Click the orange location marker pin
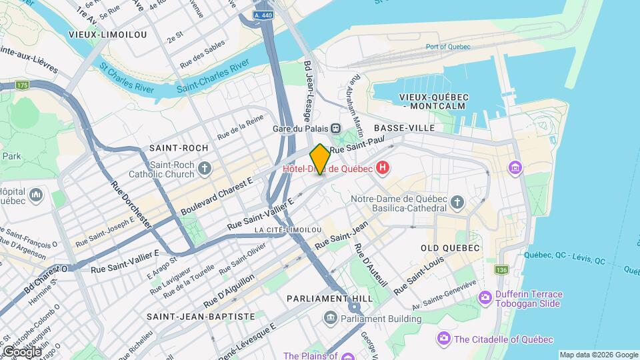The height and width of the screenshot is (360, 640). click(x=320, y=159)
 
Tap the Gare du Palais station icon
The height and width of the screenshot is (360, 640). click(x=335, y=128)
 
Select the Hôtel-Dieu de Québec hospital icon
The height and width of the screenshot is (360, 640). click(x=383, y=168)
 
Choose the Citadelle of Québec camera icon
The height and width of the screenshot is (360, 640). click(x=443, y=339)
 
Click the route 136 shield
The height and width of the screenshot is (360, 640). click(x=500, y=269)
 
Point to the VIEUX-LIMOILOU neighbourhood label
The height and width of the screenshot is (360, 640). click(x=107, y=34)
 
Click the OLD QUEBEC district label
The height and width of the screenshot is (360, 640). click(x=450, y=248)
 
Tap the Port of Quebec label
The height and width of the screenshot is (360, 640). click(x=448, y=47)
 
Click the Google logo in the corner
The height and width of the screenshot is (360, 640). click(x=22, y=351)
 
